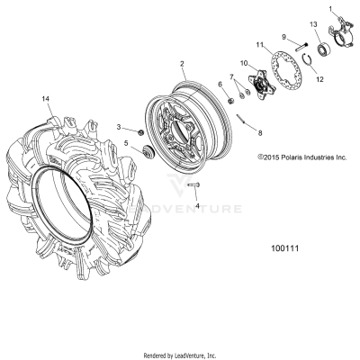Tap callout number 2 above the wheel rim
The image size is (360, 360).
(182, 64)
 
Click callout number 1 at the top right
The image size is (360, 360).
(329, 8)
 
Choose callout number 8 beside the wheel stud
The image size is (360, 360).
(260, 132)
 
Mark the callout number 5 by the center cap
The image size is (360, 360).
(127, 143)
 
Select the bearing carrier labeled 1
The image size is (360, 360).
(341, 31)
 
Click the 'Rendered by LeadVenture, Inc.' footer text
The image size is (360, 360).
(180, 355)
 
